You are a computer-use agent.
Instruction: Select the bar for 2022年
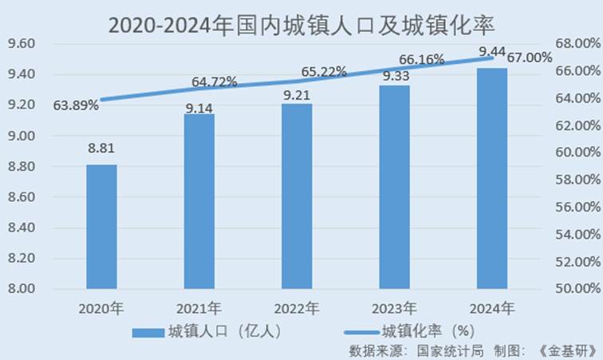297,196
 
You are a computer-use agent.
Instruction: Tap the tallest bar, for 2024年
491,178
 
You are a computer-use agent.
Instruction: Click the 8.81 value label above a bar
102,148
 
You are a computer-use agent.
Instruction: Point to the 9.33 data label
396,77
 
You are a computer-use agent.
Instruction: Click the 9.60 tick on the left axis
21,44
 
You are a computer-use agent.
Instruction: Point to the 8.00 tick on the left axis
21,288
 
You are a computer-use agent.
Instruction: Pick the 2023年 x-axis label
394,307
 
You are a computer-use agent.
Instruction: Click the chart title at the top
301,22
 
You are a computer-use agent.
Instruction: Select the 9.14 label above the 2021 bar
199,109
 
